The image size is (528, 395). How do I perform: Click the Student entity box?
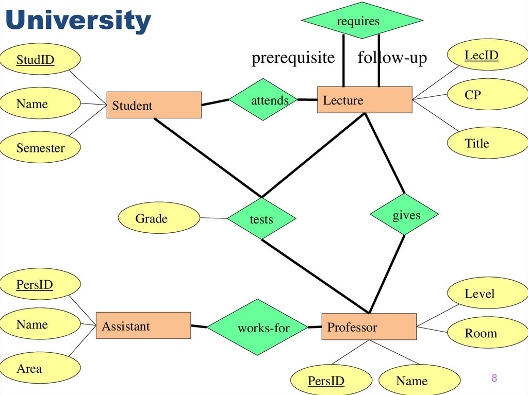coord(154,105)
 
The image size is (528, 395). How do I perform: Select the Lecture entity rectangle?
coord(364,100)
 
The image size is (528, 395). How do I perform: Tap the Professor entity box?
coord(369,327)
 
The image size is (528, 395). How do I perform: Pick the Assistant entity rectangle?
coord(143,325)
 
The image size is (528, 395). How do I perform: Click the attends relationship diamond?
coord(263,100)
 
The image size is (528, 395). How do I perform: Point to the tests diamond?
coord(261,219)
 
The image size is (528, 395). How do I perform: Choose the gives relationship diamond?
coord(405,215)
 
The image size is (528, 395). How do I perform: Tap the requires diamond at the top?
coord(361,21)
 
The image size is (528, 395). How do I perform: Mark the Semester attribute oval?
coord(40,148)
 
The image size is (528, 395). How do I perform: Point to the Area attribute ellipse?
coord(40,368)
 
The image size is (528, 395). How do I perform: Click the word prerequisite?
coord(293,58)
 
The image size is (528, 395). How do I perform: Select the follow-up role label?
coord(392,58)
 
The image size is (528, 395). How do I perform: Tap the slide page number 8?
coord(494,379)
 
